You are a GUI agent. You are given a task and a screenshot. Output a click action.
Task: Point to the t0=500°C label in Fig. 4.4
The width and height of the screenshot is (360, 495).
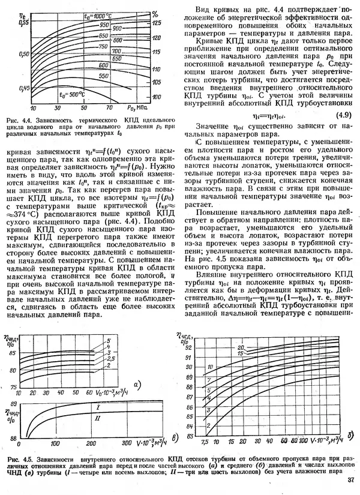pyautogui.click(x=64, y=94)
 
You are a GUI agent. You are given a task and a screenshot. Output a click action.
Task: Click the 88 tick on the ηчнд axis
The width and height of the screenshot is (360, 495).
pyautogui.click(x=12, y=437)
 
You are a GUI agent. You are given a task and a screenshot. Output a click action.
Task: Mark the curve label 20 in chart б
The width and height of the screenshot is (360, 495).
pyautogui.click(x=239, y=347)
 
